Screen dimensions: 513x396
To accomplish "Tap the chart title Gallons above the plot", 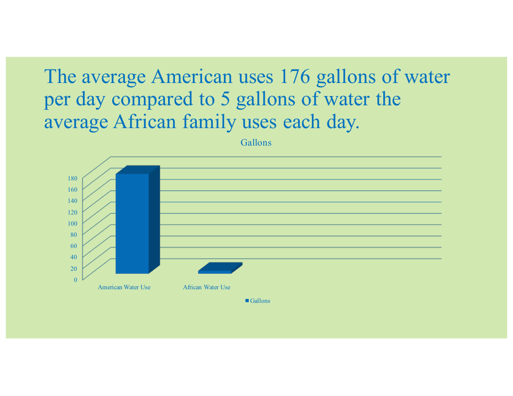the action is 256,143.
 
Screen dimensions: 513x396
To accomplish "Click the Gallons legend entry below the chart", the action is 258,300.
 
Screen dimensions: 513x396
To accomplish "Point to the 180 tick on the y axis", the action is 72,179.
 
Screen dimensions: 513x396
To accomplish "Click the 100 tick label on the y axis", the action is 72,224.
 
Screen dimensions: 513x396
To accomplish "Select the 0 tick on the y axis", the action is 76,280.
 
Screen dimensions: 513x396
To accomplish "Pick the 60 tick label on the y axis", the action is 74,246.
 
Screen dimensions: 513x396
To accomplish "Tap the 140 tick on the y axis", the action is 72,200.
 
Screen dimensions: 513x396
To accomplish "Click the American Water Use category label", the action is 124,287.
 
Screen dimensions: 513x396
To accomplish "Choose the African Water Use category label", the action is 206,287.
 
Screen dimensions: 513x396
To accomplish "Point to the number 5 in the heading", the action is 225,99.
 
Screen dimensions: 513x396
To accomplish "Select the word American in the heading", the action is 192,77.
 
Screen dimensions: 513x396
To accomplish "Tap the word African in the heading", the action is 145,121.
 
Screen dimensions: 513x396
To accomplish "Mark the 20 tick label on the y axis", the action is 74,268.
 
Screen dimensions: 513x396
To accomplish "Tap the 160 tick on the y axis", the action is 72,189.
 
